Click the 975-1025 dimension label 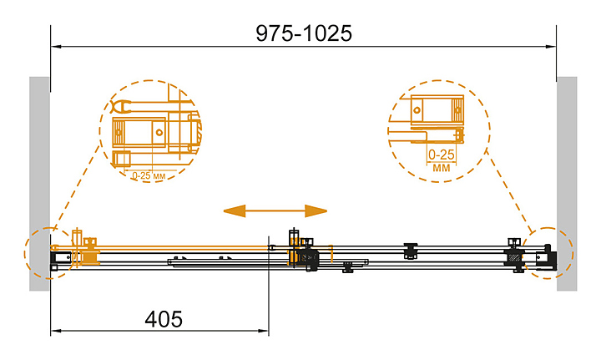click(304, 33)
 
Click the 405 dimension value click(164, 319)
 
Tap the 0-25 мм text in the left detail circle click(149, 176)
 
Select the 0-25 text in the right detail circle click(442, 155)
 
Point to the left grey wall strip click(39, 184)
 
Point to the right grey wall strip click(567, 184)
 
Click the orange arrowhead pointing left click(235, 210)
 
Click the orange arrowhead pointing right click(316, 210)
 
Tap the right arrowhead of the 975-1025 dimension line click(551, 47)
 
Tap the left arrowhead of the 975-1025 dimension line click(57, 47)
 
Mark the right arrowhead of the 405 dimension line click(263, 331)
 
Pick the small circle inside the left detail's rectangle click(159, 133)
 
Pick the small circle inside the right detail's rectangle click(417, 110)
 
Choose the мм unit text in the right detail click(442, 168)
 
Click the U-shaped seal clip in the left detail click(121, 107)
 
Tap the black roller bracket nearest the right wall click(514, 255)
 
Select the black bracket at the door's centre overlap click(309, 255)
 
